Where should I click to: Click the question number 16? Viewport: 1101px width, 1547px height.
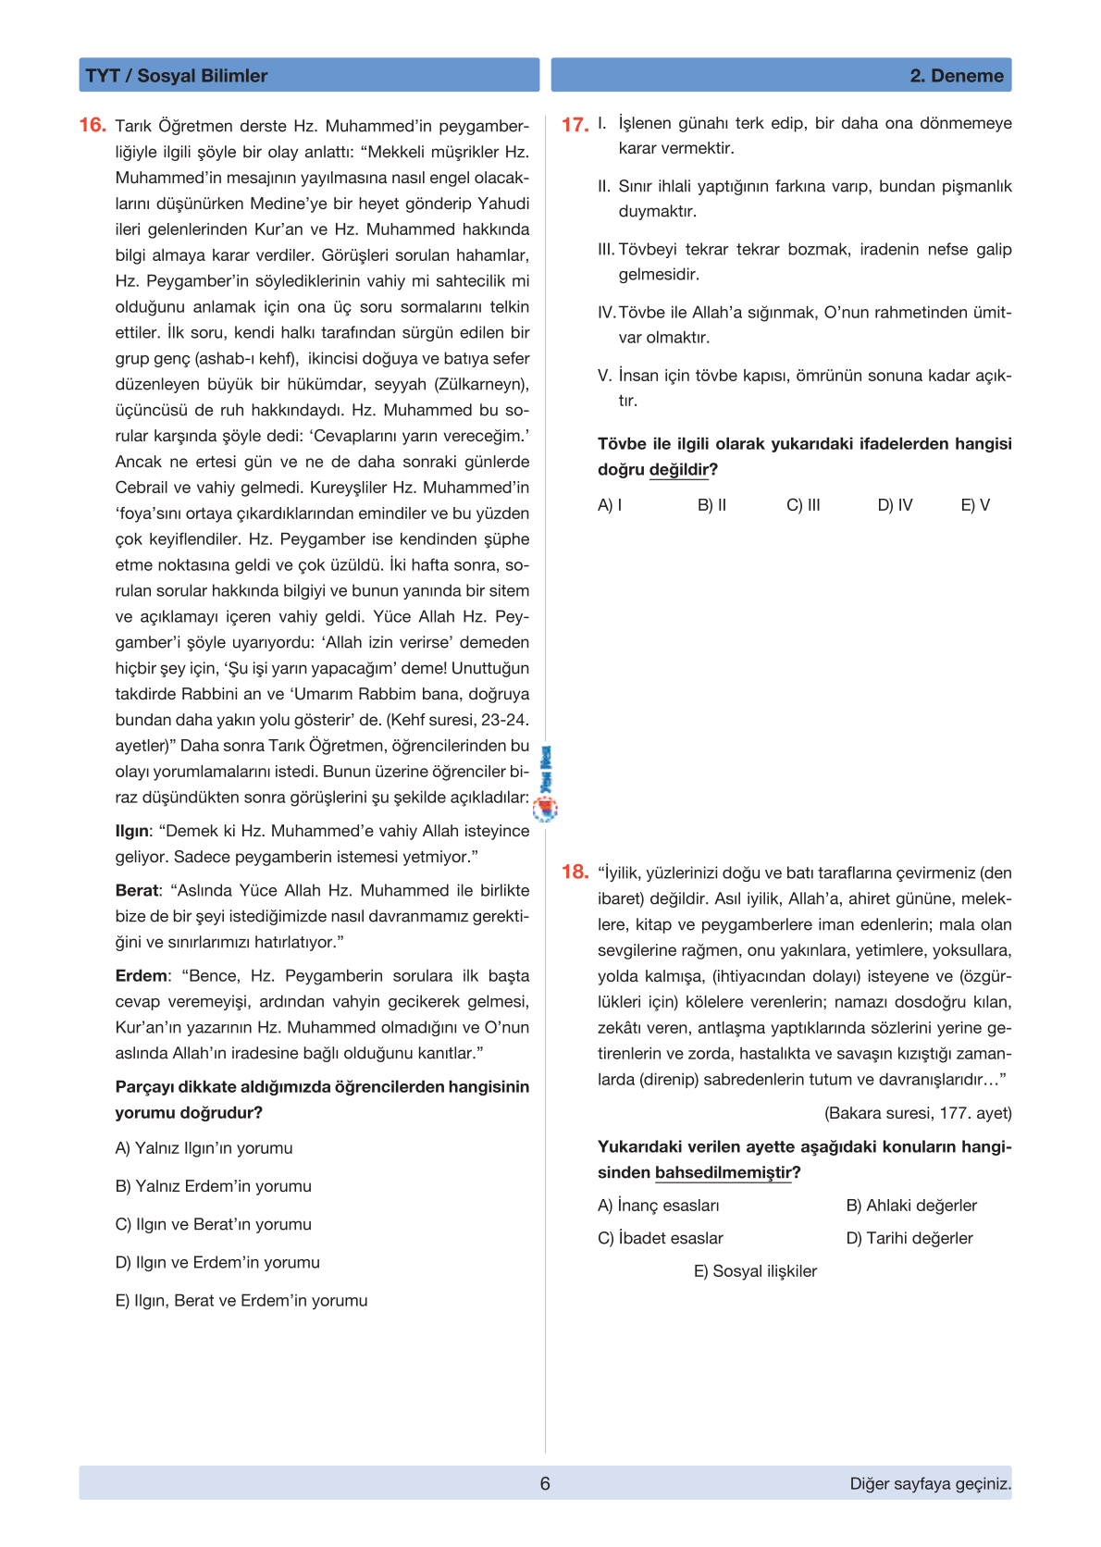point(93,125)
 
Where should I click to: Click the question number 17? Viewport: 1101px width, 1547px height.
point(575,125)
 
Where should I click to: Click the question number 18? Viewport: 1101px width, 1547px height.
point(575,872)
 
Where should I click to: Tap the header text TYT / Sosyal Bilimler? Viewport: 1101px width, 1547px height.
point(176,76)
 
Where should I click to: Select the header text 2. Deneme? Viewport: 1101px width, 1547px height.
point(957,76)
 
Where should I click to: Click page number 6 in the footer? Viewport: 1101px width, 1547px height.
point(545,1483)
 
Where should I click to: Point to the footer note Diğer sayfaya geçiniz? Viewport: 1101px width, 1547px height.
point(930,1483)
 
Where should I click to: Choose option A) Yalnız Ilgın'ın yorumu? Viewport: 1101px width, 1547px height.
point(204,1148)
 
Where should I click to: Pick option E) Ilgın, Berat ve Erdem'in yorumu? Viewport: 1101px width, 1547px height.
point(241,1300)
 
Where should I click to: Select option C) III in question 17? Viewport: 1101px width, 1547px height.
point(803,505)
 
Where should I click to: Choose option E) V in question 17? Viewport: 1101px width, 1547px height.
point(975,505)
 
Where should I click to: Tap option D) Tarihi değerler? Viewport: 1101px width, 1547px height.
point(909,1238)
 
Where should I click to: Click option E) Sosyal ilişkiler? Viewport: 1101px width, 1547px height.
point(755,1271)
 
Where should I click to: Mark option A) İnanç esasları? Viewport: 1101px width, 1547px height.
point(658,1206)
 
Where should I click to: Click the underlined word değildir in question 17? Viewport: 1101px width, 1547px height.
point(679,470)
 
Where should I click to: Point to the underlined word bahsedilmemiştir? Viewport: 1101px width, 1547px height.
point(724,1173)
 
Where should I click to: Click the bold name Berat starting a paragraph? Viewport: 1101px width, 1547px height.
point(137,890)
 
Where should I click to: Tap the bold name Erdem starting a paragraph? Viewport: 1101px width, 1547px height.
point(142,975)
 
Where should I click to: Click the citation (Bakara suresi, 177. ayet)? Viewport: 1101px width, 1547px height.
point(918,1113)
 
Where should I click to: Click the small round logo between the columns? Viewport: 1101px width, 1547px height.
point(546,810)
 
